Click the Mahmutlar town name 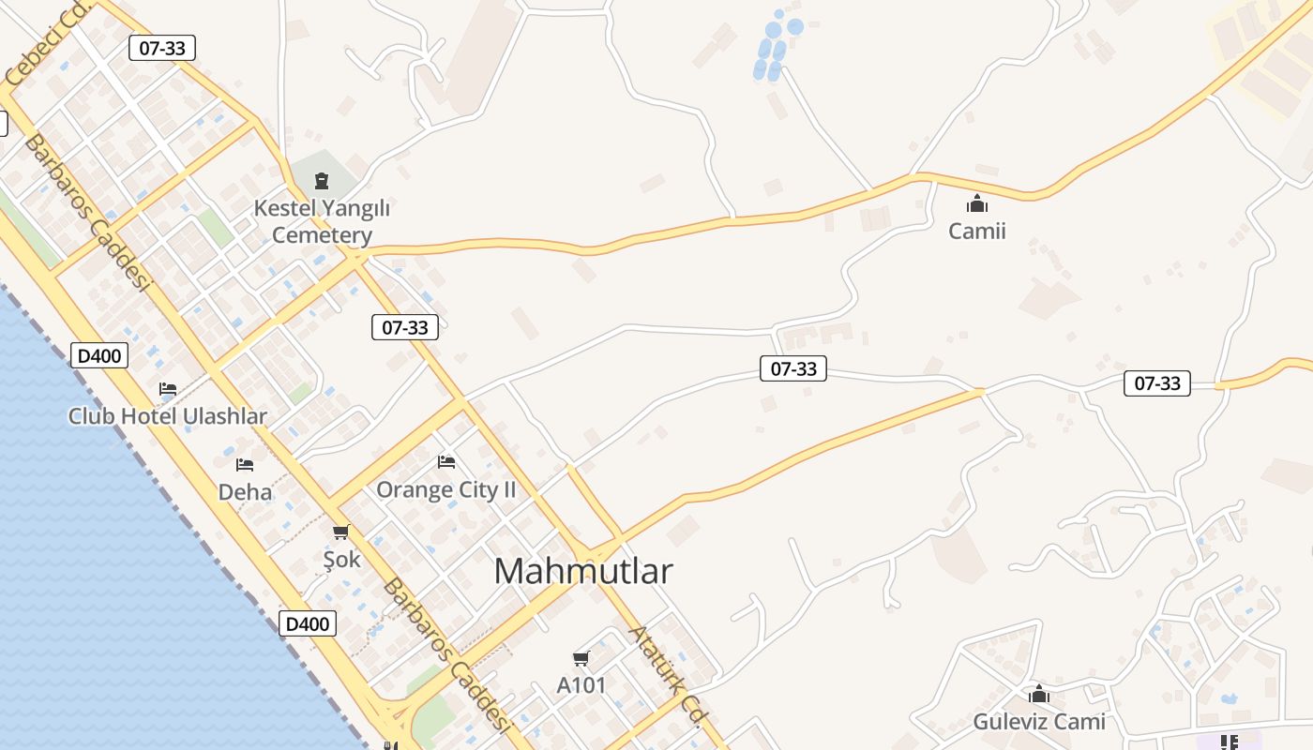pos(583,571)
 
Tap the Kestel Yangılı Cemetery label pos(322,221)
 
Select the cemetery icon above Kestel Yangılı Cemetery pos(322,180)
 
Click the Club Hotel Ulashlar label pos(167,416)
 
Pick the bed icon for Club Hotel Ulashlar pos(168,388)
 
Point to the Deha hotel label pos(245,491)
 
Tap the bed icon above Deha pos(245,464)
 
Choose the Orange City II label pos(446,489)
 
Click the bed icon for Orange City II pos(446,461)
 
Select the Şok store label pos(341,560)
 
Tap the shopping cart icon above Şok pos(340,532)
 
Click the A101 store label pos(581,685)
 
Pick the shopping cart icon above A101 pos(581,659)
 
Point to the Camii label pos(976,231)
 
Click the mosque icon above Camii pos(977,203)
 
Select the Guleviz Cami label pos(1039,722)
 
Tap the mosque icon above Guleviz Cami pos(1039,695)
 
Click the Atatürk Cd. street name pos(667,676)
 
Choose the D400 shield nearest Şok pos(308,623)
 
